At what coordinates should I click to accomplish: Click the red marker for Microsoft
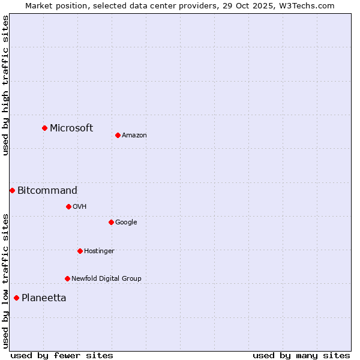[x=44, y=128]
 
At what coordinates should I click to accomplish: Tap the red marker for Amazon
[x=118, y=135]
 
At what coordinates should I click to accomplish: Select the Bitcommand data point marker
[x=12, y=190]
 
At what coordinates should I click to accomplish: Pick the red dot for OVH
[x=68, y=206]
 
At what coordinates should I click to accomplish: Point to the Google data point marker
[x=111, y=222]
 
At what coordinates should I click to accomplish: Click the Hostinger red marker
[x=80, y=251]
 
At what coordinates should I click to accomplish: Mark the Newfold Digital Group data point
[x=67, y=278]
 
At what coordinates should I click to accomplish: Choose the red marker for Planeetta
[x=16, y=298]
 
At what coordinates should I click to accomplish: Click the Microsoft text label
[x=71, y=128]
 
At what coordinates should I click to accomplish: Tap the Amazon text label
[x=134, y=136]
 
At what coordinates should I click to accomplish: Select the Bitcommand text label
[x=47, y=191]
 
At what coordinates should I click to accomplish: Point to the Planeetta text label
[x=44, y=298]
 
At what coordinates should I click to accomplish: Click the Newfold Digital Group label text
[x=106, y=278]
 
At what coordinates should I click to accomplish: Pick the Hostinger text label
[x=99, y=251]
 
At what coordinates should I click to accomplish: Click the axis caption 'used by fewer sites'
[x=62, y=355]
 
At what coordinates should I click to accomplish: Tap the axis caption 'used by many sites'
[x=301, y=355]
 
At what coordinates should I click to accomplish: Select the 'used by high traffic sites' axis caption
[x=5, y=85]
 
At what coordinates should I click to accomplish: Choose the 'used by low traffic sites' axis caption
[x=5, y=280]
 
